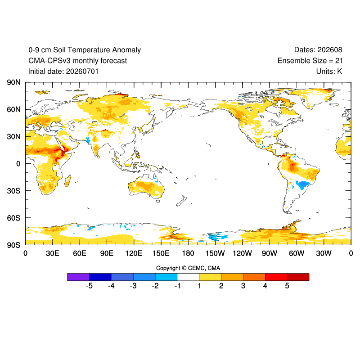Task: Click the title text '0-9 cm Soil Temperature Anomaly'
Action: click(x=85, y=50)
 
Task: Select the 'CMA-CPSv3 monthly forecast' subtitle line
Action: click(x=77, y=61)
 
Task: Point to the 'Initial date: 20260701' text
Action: click(x=63, y=72)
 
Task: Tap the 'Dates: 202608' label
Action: click(x=318, y=50)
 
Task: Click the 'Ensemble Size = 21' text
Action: click(x=310, y=61)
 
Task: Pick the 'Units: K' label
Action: click(x=329, y=72)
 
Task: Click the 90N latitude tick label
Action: click(x=14, y=82)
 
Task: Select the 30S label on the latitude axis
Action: click(x=14, y=191)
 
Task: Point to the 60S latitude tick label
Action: click(x=14, y=218)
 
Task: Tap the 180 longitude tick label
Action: click(x=188, y=253)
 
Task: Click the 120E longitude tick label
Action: click(x=134, y=253)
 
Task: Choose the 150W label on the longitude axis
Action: click(x=215, y=253)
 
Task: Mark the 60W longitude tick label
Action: click(x=297, y=253)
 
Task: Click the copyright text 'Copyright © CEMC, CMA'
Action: click(x=188, y=268)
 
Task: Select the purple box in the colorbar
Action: click(x=78, y=277)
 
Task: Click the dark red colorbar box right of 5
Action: click(x=298, y=277)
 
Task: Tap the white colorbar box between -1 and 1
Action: click(x=188, y=277)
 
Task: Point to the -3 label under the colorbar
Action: click(x=133, y=286)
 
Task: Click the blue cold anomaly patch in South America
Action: click(x=303, y=184)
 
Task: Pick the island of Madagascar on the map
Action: click(x=68, y=181)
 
